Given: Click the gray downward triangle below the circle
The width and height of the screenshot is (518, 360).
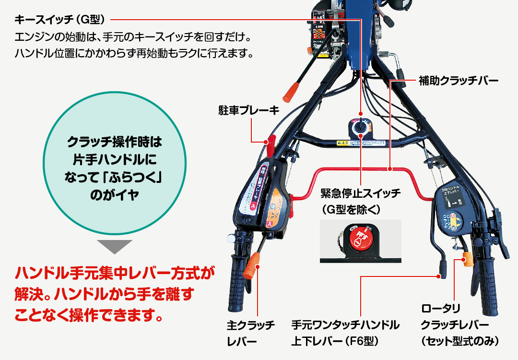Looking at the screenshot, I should coord(115,246).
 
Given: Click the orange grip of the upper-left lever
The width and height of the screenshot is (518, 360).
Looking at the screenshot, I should coord(291,91).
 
